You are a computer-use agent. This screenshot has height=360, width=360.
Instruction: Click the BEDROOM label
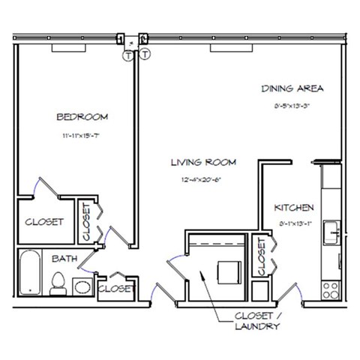coord(82,116)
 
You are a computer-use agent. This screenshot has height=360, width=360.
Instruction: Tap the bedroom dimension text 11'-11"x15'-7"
coord(82,136)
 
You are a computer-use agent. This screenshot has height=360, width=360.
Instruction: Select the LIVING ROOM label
coord(203,161)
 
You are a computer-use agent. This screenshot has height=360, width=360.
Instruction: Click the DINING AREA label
coord(292,88)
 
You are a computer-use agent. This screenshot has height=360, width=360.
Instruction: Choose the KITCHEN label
coord(293,207)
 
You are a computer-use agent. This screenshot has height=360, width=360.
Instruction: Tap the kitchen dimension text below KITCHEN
coord(293,223)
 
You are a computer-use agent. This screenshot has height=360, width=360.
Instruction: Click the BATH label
coord(62,259)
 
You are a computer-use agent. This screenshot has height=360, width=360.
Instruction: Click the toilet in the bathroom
coord(56,284)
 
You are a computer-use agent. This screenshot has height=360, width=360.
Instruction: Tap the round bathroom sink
coord(80,286)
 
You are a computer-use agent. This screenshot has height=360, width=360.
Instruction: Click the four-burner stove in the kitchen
coord(331,289)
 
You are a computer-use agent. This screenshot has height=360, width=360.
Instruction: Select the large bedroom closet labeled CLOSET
coord(44,222)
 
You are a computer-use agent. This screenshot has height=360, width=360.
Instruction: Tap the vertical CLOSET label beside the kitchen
coord(262,256)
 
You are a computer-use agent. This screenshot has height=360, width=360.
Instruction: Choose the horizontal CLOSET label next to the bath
coord(117,288)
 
